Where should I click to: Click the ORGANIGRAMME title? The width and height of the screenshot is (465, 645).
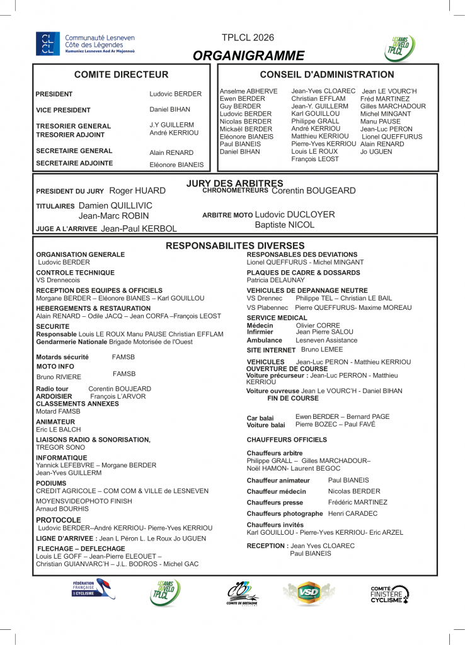tap(248, 55)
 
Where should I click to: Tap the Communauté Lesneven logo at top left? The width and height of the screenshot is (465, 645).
tap(84, 43)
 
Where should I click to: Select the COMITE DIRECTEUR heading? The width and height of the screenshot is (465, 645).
tap(121, 75)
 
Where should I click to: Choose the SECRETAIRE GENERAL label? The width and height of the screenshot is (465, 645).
tap(74, 151)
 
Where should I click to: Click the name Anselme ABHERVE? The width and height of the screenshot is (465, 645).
tap(248, 91)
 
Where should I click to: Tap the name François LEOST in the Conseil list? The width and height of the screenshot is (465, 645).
tap(315, 159)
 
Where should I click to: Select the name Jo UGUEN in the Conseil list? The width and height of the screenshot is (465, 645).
tap(376, 152)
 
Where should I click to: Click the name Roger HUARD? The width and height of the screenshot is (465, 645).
tap(137, 191)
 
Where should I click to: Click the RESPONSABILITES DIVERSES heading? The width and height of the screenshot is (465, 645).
tap(235, 246)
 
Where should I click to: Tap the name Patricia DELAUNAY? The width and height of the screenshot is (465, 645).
tap(275, 280)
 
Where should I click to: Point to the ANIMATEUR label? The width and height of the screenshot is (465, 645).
tap(56, 422)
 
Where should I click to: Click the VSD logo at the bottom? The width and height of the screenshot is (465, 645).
tap(309, 594)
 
